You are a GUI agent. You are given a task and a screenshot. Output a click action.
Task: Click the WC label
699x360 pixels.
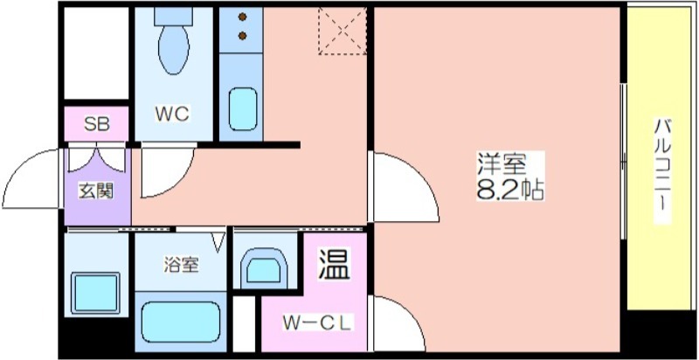(x=172, y=114)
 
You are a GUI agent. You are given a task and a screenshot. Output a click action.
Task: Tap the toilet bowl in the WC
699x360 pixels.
(x=173, y=49)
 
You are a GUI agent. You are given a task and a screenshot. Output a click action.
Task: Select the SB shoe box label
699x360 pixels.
(x=97, y=125)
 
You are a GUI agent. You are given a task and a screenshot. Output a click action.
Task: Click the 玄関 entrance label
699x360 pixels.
(x=97, y=191)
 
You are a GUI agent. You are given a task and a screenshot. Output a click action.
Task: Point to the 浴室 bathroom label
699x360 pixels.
(x=181, y=266)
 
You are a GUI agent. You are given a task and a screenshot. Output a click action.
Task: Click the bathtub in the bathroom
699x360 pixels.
(x=181, y=322)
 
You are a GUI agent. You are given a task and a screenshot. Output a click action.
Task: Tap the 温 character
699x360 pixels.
(x=334, y=263)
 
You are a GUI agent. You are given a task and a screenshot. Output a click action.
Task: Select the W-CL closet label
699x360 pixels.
(x=317, y=323)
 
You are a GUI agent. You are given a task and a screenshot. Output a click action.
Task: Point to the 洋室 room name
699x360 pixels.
(x=502, y=164)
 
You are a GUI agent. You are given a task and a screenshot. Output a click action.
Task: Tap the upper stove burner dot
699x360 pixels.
(x=243, y=17)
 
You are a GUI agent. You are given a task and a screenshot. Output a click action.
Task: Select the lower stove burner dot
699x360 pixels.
(x=243, y=36)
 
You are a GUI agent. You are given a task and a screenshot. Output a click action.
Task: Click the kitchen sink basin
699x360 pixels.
(x=243, y=109)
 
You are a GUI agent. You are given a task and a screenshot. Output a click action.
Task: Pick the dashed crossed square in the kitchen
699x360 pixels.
(x=343, y=31)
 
